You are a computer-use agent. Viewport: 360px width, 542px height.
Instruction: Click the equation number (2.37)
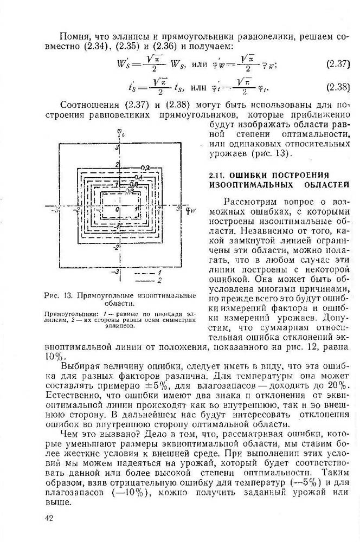(x=338, y=64)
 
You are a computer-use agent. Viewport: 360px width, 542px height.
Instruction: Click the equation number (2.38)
(x=338, y=87)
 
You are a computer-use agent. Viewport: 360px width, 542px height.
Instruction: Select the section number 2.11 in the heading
(x=218, y=176)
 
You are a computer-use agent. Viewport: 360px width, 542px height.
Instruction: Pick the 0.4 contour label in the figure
(x=139, y=177)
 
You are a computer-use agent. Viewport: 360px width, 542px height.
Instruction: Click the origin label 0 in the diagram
(x=117, y=209)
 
